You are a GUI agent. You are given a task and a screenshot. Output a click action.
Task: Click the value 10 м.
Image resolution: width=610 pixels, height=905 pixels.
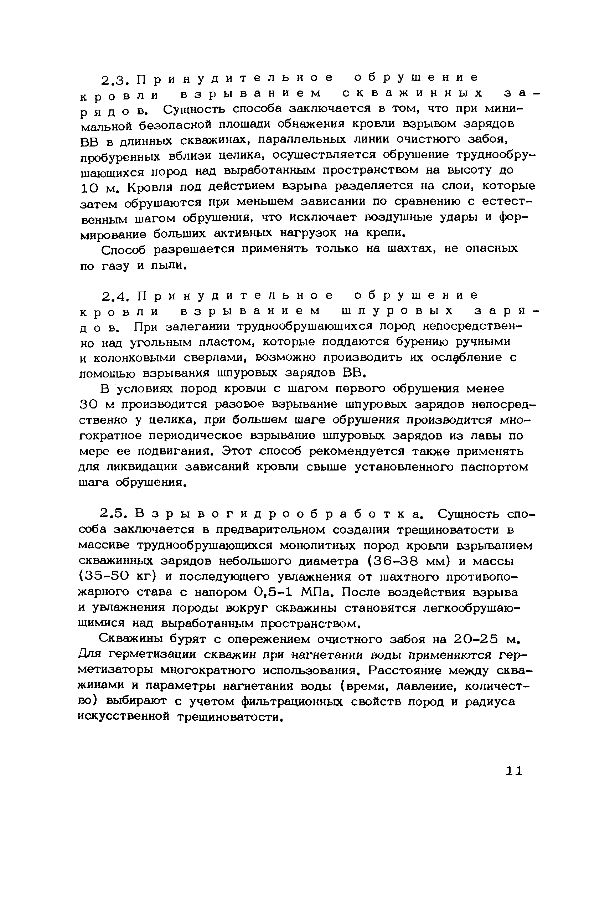coord(99,188)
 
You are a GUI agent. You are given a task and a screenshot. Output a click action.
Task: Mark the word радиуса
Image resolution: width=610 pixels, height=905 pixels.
coord(490,701)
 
